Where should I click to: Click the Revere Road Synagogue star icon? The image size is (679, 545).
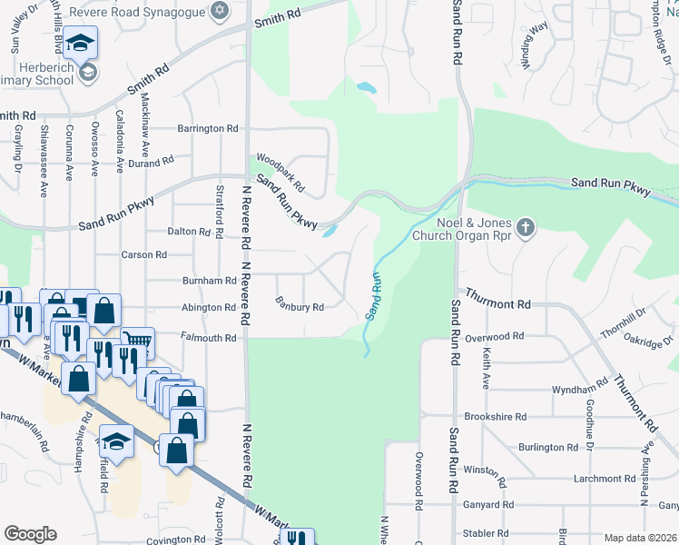click(x=217, y=10)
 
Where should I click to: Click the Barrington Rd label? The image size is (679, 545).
click(x=207, y=129)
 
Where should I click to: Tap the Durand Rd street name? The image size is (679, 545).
click(x=151, y=163)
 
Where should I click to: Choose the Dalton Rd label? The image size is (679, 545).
click(x=190, y=232)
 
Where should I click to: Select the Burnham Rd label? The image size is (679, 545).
click(x=209, y=281)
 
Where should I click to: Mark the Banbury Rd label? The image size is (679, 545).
click(x=300, y=306)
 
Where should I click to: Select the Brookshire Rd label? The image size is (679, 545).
click(x=495, y=416)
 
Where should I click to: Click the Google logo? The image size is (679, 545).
click(x=30, y=534)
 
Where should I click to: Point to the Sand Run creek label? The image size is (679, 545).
click(x=372, y=295)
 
